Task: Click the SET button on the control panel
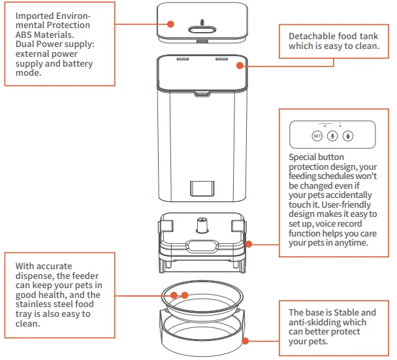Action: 317,136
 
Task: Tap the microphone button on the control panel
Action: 333,136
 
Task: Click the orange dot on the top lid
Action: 170,24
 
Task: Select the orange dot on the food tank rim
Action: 240,65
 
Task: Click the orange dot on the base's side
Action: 246,339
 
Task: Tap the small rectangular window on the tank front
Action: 200,188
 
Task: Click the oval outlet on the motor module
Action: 202,246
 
